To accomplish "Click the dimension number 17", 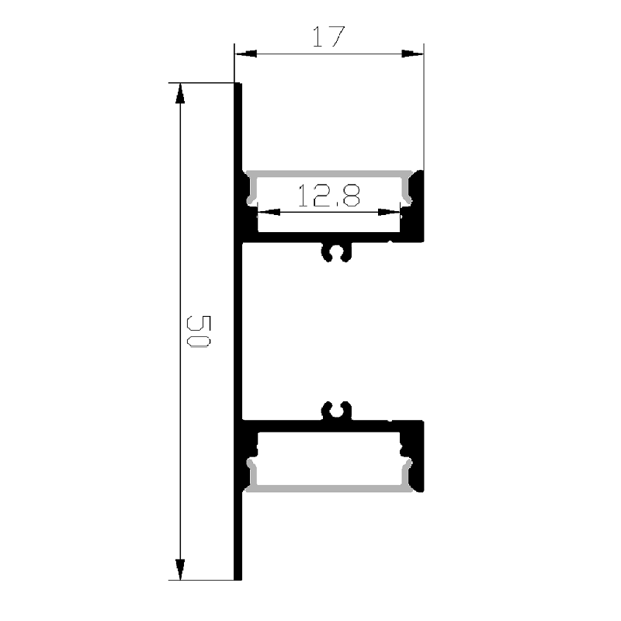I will point(328,36).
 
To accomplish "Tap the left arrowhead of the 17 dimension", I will point(245,54).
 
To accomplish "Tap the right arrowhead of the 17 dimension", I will point(414,54).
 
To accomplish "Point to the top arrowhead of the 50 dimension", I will point(181,92).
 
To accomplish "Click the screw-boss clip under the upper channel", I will point(335,252).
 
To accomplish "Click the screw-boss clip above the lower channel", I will point(335,410).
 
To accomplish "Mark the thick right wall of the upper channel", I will point(418,206).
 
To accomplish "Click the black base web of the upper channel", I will point(326,237).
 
